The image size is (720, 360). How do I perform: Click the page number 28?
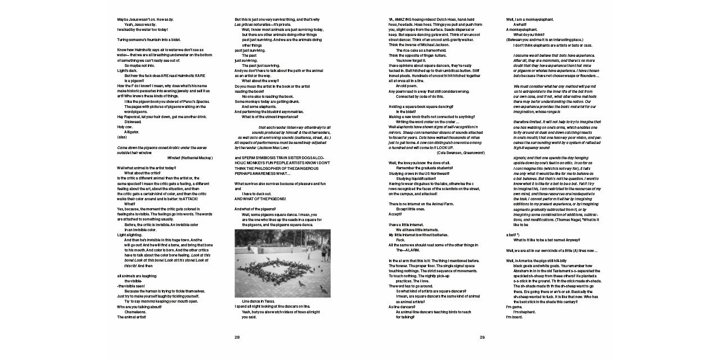(237, 337)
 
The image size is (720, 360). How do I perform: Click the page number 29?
(482, 337)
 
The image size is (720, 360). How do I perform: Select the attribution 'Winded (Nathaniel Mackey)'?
(190, 157)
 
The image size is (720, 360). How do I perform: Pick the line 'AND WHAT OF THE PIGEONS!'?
(260, 199)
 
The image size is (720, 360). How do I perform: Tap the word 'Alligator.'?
(133, 131)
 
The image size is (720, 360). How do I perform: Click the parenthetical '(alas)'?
(121, 137)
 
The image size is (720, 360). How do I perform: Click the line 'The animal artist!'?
(132, 317)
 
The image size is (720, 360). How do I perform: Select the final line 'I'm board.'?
(514, 317)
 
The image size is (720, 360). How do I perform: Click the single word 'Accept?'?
(395, 214)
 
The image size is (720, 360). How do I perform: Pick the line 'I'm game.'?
(514, 307)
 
